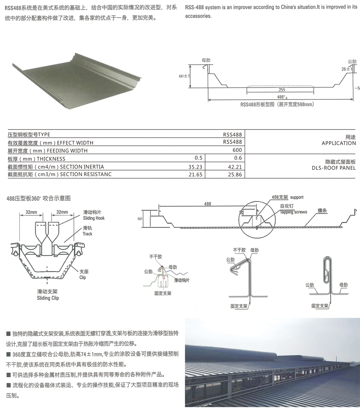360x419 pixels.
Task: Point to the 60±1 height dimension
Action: click(184, 76)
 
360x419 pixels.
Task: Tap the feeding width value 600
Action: click(238, 150)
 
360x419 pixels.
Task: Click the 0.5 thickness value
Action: click(198, 158)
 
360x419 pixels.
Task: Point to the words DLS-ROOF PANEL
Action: click(334, 168)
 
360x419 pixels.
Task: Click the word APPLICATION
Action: click(338, 143)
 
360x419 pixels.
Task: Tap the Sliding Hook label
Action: click(94, 218)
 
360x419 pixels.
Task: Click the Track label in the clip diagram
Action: click(88, 234)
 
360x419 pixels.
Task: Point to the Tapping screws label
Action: click(293, 212)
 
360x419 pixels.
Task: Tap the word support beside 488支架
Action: click(297, 198)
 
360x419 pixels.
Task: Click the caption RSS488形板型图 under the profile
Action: click(277, 105)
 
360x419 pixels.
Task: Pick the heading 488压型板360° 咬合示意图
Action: click(38, 198)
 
